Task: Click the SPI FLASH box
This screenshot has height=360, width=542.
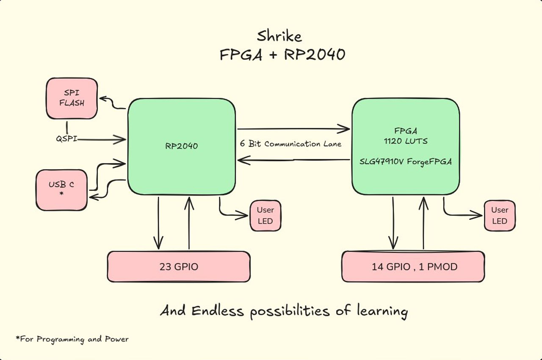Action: coord(72,98)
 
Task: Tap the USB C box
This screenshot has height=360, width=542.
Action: coord(61,190)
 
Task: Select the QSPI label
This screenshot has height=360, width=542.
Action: coord(66,138)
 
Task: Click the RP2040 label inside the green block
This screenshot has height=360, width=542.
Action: coord(182,146)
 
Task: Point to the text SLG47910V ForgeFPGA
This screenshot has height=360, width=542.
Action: coord(405,162)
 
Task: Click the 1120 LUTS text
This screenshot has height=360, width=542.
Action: coord(405,141)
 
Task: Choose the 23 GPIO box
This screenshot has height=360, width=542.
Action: coord(178,267)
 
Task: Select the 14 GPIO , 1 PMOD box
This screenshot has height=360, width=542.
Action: coord(413,267)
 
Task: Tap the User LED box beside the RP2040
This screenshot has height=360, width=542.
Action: coord(265,216)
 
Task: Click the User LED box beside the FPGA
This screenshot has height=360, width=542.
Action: coord(500,216)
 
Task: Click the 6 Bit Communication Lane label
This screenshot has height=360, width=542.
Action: coord(290,144)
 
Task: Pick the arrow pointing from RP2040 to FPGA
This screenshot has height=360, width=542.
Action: coord(293,128)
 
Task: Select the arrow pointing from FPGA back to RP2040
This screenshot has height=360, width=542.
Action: coord(293,160)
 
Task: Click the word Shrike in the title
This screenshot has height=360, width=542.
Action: coord(279,36)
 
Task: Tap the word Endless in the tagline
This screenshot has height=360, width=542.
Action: coord(218,311)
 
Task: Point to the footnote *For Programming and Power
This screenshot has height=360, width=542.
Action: coord(72,339)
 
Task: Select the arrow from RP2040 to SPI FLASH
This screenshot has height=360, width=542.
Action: coord(112,103)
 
